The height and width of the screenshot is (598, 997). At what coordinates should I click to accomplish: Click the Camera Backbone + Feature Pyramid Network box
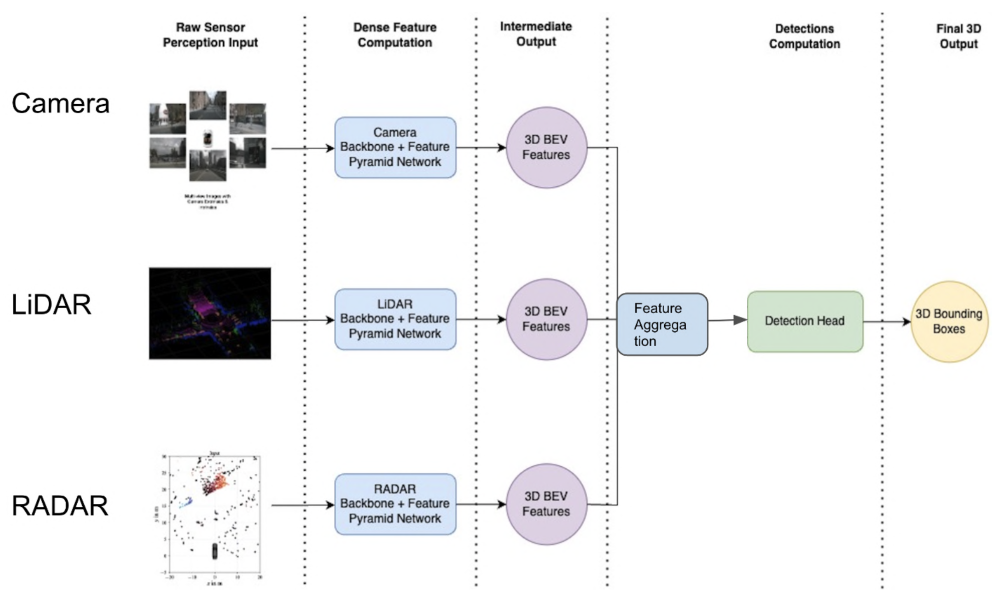(395, 147)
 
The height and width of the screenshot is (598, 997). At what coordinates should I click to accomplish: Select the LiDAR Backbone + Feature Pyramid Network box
(395, 319)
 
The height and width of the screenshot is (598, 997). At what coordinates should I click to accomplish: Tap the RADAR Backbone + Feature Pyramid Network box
(395, 504)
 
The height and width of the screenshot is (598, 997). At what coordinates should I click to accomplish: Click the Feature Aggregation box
(662, 325)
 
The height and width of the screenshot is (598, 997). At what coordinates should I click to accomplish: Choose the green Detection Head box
(804, 321)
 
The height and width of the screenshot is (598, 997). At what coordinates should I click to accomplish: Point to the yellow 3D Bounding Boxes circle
(948, 322)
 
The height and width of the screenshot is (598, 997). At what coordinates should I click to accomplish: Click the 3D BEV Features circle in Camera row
(546, 147)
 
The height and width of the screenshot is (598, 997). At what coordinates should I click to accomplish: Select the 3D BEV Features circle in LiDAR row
(546, 319)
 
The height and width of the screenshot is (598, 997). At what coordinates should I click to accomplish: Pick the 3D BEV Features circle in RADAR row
(546, 504)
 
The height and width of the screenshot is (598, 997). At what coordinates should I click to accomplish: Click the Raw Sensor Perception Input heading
(210, 35)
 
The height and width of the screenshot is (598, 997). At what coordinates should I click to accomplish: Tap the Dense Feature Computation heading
(395, 35)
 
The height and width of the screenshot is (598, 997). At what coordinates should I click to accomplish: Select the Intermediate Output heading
(536, 34)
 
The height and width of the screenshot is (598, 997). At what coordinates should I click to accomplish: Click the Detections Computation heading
(804, 36)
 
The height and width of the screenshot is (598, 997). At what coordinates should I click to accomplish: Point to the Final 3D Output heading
(958, 36)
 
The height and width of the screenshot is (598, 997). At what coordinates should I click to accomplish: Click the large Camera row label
(61, 104)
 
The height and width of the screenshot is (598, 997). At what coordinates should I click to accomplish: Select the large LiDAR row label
(52, 305)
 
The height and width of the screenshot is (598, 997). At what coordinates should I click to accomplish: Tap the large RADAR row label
(60, 506)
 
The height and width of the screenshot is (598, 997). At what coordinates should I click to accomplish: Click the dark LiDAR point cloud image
(210, 314)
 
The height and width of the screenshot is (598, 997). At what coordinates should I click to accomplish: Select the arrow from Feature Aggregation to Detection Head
(727, 320)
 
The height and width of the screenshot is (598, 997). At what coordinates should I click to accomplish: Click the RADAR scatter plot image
(213, 518)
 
